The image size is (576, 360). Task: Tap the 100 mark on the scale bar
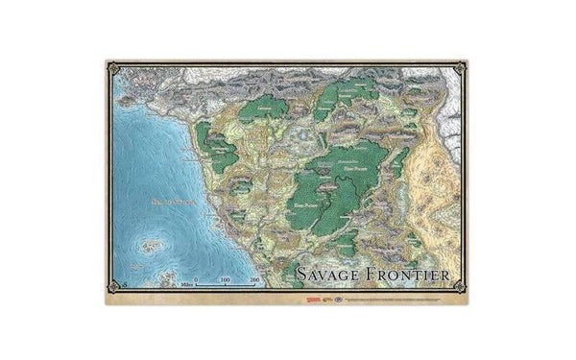225,278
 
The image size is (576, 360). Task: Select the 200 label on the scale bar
254,278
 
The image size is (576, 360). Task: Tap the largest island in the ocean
149,246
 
